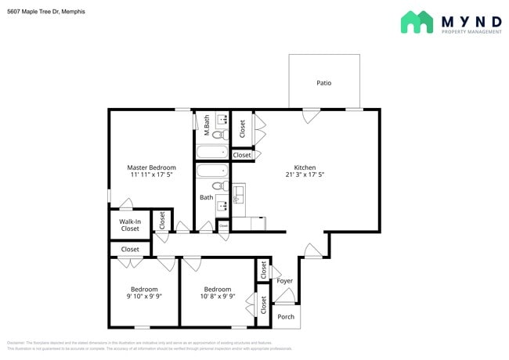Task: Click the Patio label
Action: click(x=323, y=82)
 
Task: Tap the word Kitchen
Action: click(x=305, y=167)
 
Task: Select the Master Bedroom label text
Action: click(x=151, y=167)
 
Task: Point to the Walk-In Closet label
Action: click(x=129, y=225)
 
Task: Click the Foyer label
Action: click(x=285, y=281)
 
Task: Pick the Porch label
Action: click(x=286, y=317)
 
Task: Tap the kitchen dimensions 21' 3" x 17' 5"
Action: click(x=305, y=175)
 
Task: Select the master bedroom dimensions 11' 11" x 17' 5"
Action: click(x=151, y=175)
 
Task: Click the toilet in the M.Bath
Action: click(x=218, y=135)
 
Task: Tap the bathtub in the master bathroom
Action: click(x=211, y=152)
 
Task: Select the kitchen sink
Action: click(x=237, y=193)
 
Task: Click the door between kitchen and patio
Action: click(x=311, y=114)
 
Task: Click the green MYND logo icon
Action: click(x=417, y=22)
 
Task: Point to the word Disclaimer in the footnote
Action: click(x=16, y=344)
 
